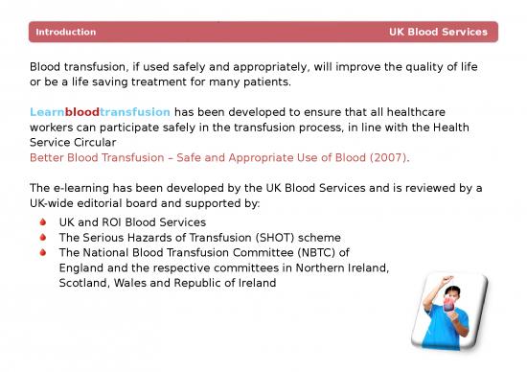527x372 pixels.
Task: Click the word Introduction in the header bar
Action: (65, 33)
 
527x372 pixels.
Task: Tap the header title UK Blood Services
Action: (438, 33)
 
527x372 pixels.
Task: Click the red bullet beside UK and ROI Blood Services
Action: (42, 221)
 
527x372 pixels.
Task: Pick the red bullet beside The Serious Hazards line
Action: (42, 237)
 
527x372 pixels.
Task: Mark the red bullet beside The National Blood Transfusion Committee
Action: (42, 253)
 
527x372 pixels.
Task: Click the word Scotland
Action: (86, 284)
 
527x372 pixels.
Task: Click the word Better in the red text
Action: (49, 156)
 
